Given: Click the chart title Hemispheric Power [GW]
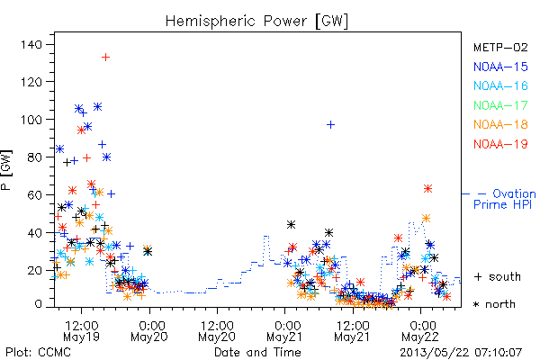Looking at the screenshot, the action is (256, 22).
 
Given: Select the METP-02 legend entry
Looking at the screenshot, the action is (500, 47).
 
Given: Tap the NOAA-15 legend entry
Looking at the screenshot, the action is (500, 67).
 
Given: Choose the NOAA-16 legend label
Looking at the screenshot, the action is (500, 85).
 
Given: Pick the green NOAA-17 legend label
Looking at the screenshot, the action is (500, 105).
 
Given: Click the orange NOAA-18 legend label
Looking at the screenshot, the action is (500, 124).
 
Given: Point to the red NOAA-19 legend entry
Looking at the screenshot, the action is (500, 144).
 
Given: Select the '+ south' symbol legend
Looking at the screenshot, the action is (498, 276).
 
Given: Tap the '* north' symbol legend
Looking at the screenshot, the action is (494, 304).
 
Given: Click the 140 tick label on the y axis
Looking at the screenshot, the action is (31, 44).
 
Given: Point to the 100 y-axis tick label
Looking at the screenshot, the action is (31, 120).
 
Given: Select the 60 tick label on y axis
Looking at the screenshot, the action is (35, 195).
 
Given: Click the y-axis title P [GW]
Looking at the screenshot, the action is (6, 170).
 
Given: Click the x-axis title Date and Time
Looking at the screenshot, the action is (257, 352).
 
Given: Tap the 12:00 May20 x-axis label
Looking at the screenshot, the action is (217, 331).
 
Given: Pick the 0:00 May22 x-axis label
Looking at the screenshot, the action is (420, 331).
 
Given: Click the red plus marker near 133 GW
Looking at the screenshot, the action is (105, 58).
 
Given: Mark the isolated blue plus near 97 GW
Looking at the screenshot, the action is (330, 125).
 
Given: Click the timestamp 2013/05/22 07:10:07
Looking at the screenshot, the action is (461, 353).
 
